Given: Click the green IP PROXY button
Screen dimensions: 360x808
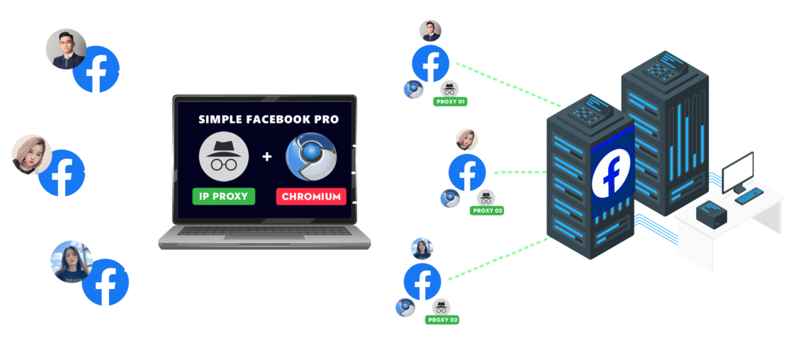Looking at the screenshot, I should (x=223, y=196).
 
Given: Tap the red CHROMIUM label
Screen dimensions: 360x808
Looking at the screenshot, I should (x=310, y=196).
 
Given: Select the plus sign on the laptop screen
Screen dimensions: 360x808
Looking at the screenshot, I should (x=267, y=156).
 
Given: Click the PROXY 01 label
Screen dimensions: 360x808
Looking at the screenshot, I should (x=449, y=101).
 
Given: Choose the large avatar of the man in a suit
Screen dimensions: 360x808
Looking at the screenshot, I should (x=66, y=50).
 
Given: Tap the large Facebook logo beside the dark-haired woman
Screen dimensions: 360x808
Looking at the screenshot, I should (x=106, y=282).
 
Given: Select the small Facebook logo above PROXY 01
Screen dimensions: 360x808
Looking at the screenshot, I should (x=430, y=64).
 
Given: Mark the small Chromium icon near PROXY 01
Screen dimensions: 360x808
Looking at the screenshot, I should (x=413, y=89).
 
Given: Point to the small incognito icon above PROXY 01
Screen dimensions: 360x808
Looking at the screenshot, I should (x=449, y=89).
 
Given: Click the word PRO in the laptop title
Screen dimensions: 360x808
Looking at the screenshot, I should (x=325, y=119).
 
